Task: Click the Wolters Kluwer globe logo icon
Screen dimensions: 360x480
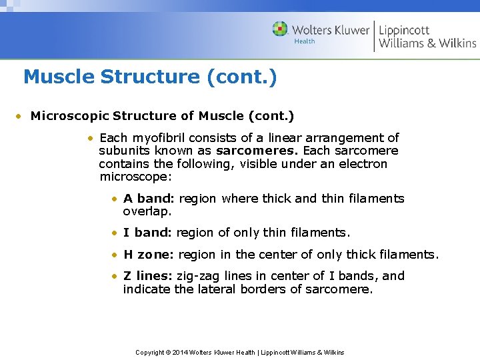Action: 280,29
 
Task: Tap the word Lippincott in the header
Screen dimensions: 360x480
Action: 404,30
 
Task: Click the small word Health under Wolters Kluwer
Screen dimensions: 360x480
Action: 305,41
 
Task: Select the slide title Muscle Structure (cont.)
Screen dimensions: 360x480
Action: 150,77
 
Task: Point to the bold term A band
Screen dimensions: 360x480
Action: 148,199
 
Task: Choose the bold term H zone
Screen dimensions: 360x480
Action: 149,255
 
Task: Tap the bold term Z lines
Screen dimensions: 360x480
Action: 147,276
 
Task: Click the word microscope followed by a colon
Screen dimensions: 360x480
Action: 135,177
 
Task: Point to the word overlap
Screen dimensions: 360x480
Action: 147,211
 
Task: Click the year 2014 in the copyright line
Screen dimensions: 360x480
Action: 179,352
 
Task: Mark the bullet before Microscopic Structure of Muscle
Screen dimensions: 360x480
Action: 21,117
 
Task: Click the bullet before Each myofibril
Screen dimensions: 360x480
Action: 89,139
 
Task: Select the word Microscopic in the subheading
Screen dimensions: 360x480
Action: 70,116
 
